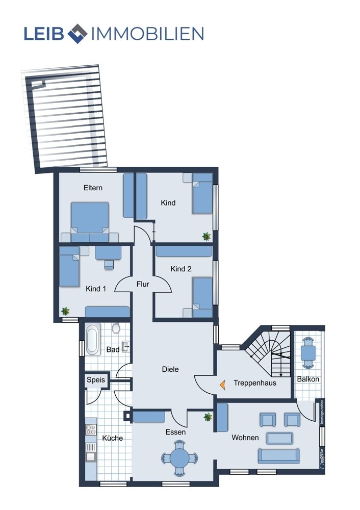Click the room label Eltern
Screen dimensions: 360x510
[x=93, y=188]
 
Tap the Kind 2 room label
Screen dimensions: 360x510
[x=181, y=269]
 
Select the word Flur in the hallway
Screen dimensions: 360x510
[x=143, y=284]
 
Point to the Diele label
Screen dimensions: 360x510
[x=170, y=369]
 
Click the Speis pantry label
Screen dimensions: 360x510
[x=96, y=380]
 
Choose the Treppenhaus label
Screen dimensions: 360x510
[x=255, y=383]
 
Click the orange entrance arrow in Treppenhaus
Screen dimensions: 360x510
[x=223, y=385]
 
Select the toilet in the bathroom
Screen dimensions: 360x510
[x=116, y=328]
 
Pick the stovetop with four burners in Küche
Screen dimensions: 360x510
[x=91, y=429]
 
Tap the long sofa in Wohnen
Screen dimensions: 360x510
[x=279, y=455]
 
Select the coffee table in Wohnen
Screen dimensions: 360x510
[x=279, y=438]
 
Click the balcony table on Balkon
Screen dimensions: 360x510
[x=308, y=352]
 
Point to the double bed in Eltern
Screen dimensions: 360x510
[x=90, y=222]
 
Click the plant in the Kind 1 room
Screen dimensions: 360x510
[x=65, y=311]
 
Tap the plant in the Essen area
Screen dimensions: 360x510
[x=208, y=417]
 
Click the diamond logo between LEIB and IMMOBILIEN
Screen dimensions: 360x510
[x=77, y=34]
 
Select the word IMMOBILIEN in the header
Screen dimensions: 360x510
[x=148, y=34]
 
